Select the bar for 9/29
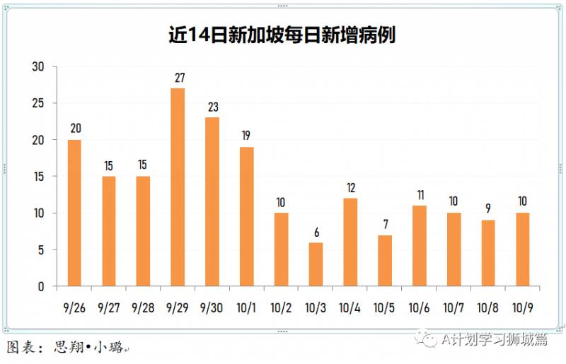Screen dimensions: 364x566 coord(178,187)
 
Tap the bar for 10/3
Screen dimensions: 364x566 coord(316,264)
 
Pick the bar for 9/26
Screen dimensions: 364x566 coord(74,213)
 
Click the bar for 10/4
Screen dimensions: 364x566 coord(350,242)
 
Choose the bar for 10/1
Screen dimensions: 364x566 coord(247,216)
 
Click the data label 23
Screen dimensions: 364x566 coord(212,107)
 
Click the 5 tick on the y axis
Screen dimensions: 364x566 coord(40,250)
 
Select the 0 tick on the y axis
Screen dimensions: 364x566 coord(40,287)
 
